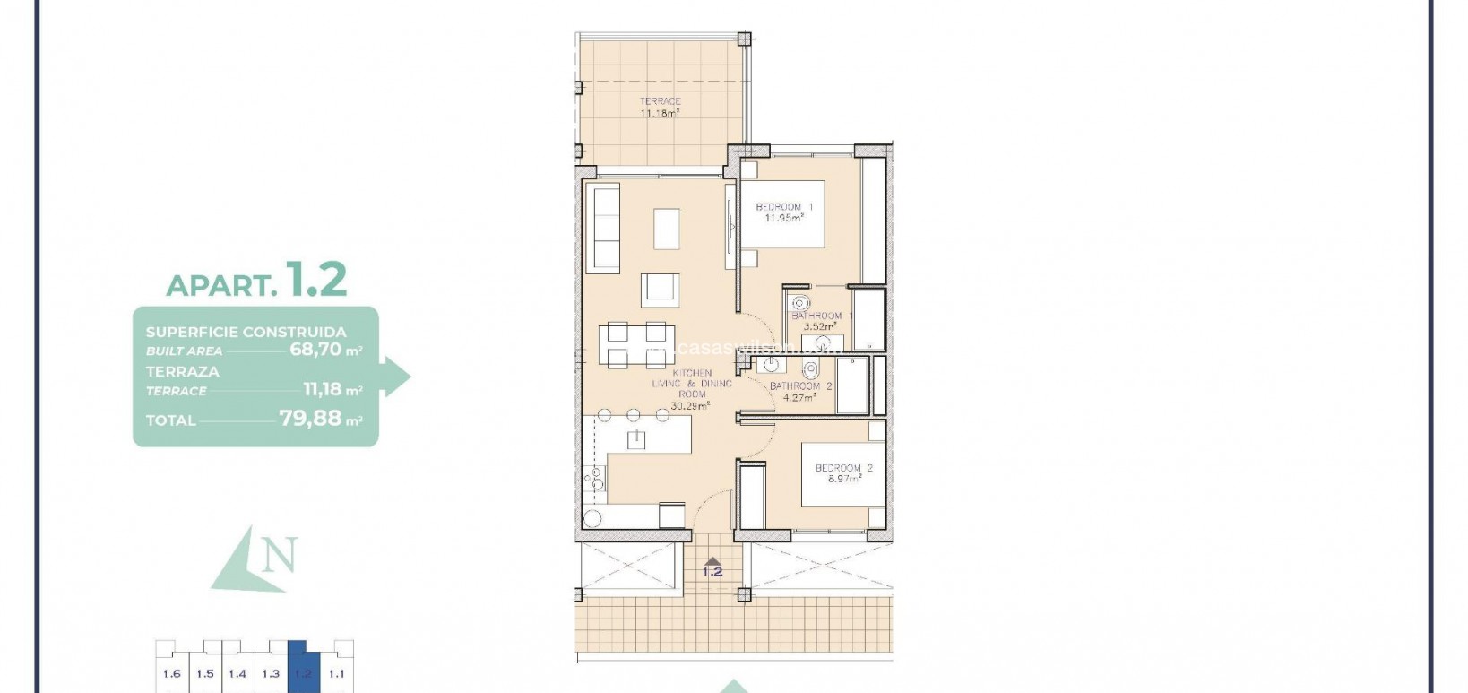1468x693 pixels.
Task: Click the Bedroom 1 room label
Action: pyautogui.click(x=784, y=207)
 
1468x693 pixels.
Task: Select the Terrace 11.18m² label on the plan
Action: pyautogui.click(x=660, y=108)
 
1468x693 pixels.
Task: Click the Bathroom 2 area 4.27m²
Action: pyautogui.click(x=798, y=397)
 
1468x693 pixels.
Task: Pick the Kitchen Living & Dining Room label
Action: pyautogui.click(x=692, y=384)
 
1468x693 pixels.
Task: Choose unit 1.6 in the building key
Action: pyautogui.click(x=172, y=673)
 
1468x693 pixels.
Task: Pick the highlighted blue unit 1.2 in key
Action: pyautogui.click(x=303, y=673)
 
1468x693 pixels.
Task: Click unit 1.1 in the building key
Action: pyautogui.click(x=336, y=673)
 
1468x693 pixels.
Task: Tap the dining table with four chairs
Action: pyautogui.click(x=634, y=345)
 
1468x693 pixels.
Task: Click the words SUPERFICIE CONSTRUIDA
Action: pyautogui.click(x=246, y=332)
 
